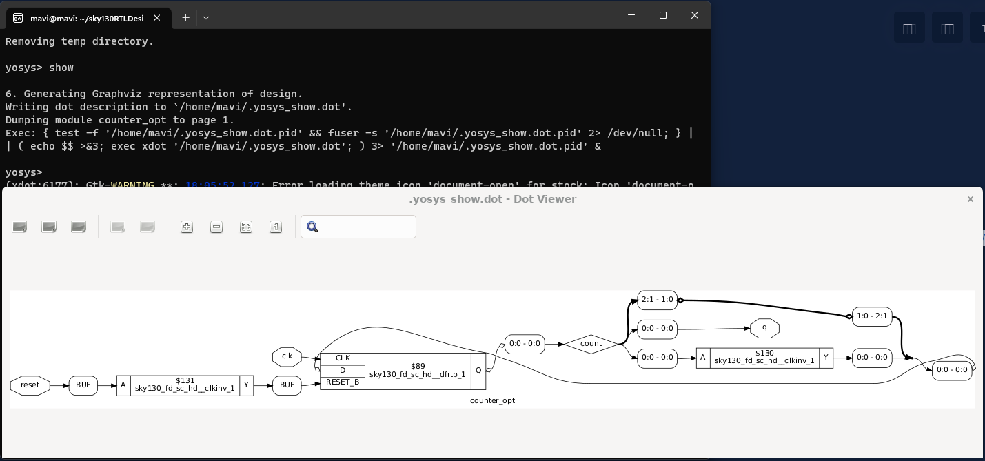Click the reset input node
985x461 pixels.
[x=30, y=385]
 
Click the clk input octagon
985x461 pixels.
[x=287, y=356]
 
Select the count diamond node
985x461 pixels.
[x=591, y=343]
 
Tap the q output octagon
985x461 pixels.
[x=764, y=328]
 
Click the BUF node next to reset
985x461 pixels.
[x=83, y=385]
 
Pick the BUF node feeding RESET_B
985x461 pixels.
[x=287, y=385]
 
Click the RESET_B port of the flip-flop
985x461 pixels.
[x=343, y=382]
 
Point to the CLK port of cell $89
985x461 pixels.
[x=343, y=358]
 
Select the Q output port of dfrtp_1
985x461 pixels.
[x=478, y=371]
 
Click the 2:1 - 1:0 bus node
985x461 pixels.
[x=657, y=300]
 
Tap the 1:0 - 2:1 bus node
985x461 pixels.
[x=872, y=316]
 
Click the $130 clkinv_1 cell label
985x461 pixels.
[x=764, y=358]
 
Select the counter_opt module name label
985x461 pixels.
[x=492, y=400]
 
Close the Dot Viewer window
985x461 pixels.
[x=970, y=199]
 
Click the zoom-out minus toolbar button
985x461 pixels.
[x=216, y=227]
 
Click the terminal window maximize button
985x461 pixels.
[x=663, y=15]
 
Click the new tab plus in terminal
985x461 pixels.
[x=185, y=18]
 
